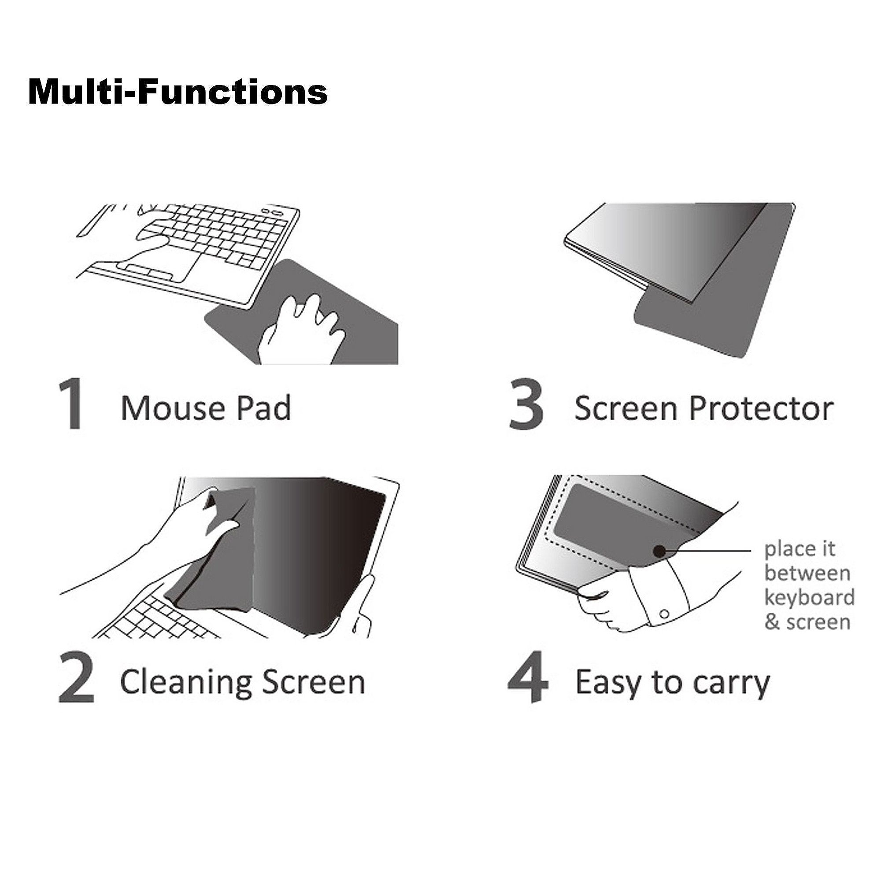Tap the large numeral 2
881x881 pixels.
pyautogui.click(x=76, y=683)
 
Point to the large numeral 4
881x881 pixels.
pyautogui.click(x=528, y=683)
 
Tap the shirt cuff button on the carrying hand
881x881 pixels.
pyautogui.click(x=664, y=615)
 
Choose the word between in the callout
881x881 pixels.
pyautogui.click(x=807, y=573)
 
